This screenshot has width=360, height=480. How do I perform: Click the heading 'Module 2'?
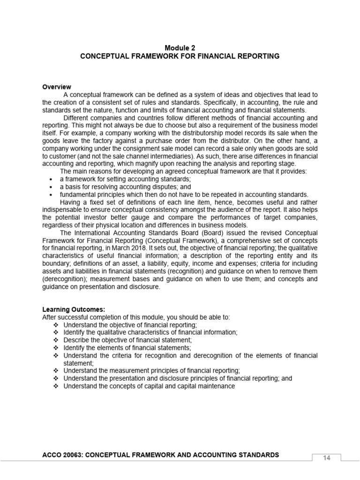[x=180, y=48]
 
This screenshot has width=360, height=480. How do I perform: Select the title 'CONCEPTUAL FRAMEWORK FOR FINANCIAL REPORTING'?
[x=180, y=56]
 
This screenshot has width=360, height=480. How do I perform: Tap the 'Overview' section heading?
[x=57, y=87]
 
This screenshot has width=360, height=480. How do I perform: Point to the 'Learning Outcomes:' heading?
[x=74, y=309]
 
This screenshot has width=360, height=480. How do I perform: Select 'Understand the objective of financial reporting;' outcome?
[x=130, y=324]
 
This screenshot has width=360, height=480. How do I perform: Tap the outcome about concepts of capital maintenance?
[x=149, y=386]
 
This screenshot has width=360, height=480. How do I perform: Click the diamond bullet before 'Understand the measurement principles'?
[x=56, y=370]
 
